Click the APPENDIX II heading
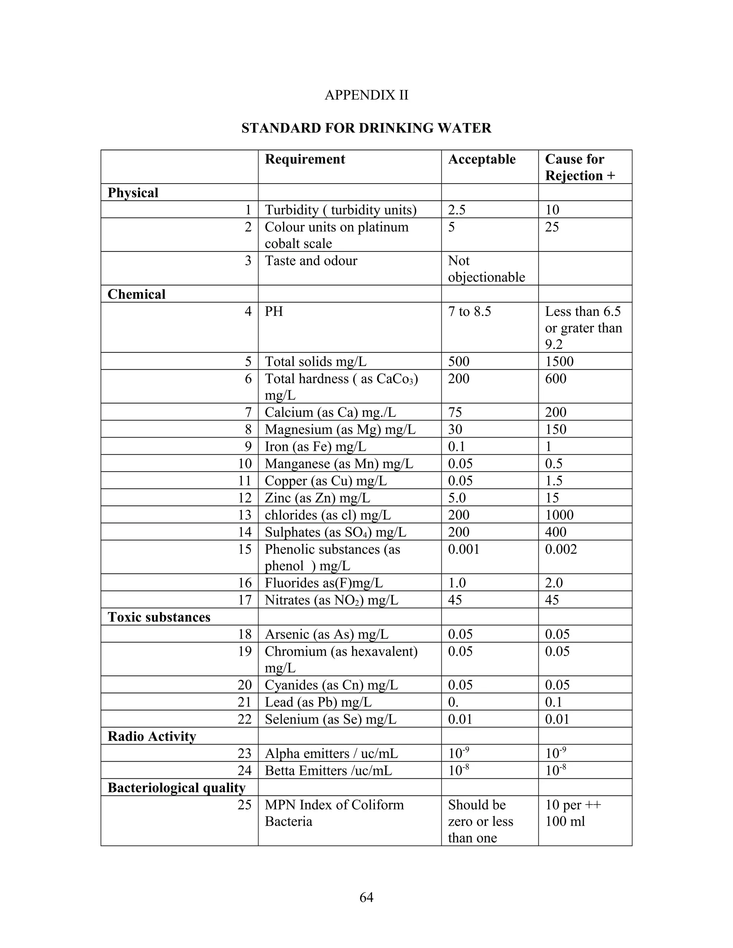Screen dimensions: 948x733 (x=366, y=95)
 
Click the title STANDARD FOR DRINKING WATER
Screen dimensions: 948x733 (x=366, y=128)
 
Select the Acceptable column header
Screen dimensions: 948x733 (x=482, y=159)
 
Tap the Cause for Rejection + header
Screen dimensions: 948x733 (x=580, y=167)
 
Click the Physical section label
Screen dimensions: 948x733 (x=133, y=193)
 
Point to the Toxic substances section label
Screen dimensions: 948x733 (x=159, y=617)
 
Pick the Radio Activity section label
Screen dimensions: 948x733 (x=151, y=736)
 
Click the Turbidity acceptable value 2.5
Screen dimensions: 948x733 (x=457, y=210)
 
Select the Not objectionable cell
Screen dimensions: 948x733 (x=486, y=269)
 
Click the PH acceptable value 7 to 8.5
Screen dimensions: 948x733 (x=470, y=312)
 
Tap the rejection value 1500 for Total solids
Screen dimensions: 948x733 (x=559, y=362)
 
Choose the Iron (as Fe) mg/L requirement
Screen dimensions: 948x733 (x=315, y=447)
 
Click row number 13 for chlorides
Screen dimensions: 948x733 (x=245, y=515)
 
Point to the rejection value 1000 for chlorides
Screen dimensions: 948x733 (x=559, y=515)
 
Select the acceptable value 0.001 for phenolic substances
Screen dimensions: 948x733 (x=464, y=549)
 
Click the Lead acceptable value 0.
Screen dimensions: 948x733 (x=453, y=702)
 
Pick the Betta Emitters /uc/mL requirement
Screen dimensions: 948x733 (x=328, y=771)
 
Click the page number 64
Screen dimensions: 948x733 (x=366, y=897)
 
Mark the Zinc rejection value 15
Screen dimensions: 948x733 (x=552, y=498)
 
